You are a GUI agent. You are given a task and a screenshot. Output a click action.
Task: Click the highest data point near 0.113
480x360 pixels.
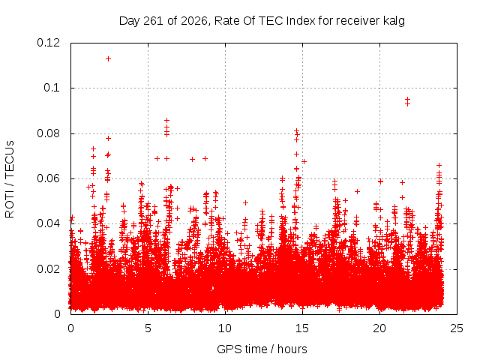click(108, 58)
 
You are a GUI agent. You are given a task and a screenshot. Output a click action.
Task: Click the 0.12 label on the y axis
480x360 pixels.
click(48, 43)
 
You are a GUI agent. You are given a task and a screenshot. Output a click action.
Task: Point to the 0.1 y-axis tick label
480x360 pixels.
click(52, 88)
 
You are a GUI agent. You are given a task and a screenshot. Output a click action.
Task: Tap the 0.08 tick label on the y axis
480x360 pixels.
click(48, 133)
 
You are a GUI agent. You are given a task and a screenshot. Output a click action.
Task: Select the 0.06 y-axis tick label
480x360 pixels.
click(48, 178)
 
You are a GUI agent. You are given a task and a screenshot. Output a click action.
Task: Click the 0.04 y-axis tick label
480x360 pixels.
click(48, 223)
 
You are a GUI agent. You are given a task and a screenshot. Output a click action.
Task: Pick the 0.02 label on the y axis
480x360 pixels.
click(48, 269)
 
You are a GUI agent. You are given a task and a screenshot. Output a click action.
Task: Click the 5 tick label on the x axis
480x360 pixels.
click(148, 328)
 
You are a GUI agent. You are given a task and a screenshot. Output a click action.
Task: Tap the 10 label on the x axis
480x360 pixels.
click(225, 328)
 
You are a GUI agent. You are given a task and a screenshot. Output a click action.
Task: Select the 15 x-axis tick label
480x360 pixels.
click(302, 328)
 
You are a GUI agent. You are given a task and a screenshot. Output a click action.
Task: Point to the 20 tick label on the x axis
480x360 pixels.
click(379, 328)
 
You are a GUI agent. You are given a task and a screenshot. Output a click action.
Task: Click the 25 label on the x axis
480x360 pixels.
click(457, 328)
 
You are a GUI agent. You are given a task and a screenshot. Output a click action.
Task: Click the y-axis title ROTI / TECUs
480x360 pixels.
click(10, 179)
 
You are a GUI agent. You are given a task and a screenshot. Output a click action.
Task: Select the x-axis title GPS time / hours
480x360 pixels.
click(262, 349)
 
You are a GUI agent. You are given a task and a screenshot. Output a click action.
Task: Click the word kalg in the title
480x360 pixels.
click(394, 21)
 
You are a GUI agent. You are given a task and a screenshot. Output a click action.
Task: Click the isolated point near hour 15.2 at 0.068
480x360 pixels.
click(304, 162)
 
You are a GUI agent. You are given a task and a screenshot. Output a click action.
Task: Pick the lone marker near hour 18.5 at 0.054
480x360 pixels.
click(357, 192)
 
